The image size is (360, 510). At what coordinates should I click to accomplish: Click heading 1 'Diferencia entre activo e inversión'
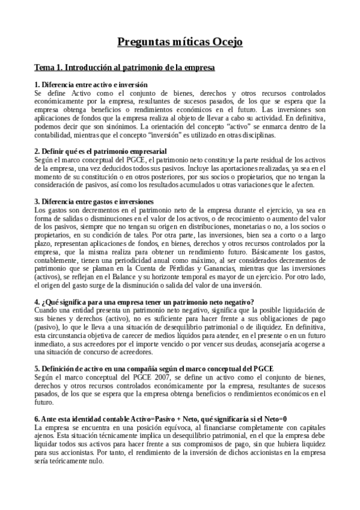(91, 85)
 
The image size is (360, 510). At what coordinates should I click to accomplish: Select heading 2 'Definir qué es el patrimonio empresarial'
(100, 151)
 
